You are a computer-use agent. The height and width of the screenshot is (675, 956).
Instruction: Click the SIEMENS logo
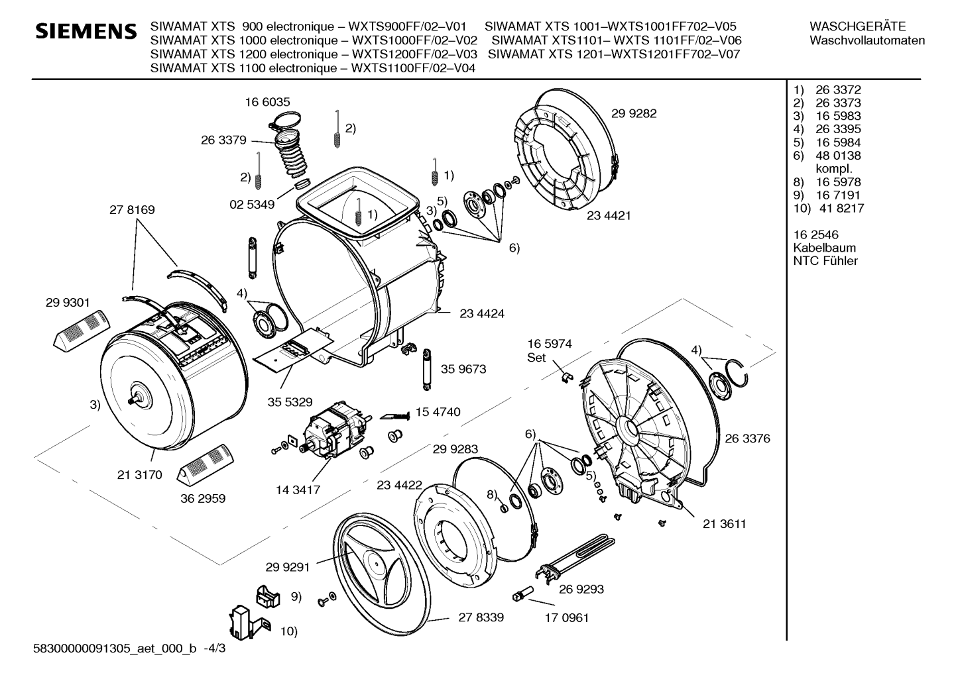86,31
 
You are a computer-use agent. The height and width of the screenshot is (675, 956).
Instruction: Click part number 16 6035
267,102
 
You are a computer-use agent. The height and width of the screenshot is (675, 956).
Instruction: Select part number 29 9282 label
634,113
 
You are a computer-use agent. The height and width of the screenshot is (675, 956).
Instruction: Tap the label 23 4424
482,313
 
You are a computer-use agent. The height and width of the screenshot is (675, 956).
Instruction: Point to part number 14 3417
298,490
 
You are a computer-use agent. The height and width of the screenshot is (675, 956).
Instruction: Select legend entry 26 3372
838,90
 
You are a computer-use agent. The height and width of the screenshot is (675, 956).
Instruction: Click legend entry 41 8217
841,208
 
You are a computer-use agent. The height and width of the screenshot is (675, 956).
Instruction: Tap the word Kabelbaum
825,248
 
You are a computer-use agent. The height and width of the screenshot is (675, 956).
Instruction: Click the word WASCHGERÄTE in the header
857,26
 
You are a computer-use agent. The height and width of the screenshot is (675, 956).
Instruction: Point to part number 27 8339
481,617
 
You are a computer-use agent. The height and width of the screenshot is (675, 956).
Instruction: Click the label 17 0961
567,618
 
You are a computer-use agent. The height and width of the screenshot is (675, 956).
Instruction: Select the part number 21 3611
724,524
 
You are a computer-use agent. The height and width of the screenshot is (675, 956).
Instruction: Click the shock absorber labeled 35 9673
427,369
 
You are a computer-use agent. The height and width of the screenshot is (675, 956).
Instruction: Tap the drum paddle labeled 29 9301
82,331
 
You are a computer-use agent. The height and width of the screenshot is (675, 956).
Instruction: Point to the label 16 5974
550,344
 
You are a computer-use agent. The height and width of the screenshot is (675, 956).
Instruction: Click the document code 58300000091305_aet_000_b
115,649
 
